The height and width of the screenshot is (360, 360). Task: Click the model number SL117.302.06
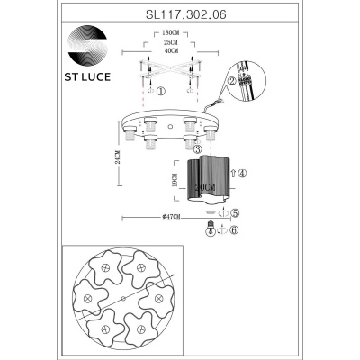(x=180, y=15)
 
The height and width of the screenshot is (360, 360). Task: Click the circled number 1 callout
(x=160, y=91)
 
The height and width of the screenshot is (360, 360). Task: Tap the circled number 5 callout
(x=234, y=214)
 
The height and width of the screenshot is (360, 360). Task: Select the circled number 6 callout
(x=234, y=230)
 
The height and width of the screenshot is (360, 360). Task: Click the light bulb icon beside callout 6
(x=211, y=230)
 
